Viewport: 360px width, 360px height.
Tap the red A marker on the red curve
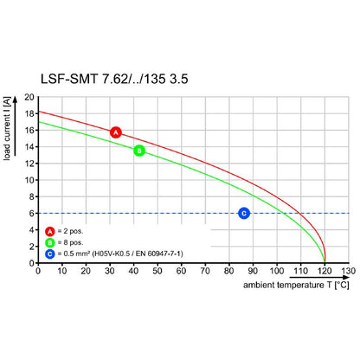pyautogui.click(x=116, y=132)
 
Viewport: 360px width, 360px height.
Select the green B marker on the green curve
pyautogui.click(x=139, y=151)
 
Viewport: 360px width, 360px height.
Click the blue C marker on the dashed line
pyautogui.click(x=243, y=213)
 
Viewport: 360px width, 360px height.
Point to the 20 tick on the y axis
pyautogui.click(x=29, y=97)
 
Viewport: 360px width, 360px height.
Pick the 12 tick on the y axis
pyautogui.click(x=29, y=164)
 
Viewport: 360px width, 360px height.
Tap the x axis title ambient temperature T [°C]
pyautogui.click(x=294, y=285)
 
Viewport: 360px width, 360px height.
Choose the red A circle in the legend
pyautogui.click(x=49, y=231)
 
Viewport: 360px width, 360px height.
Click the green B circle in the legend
pyautogui.click(x=49, y=242)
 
